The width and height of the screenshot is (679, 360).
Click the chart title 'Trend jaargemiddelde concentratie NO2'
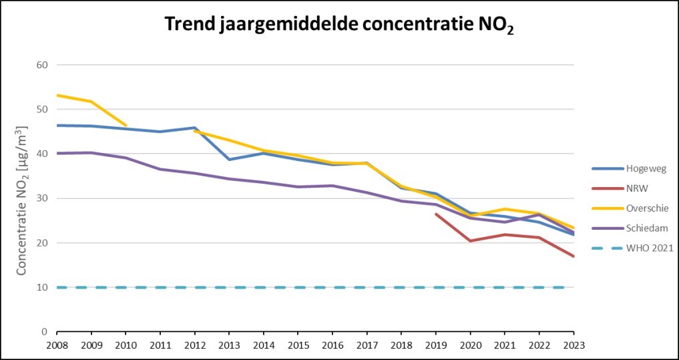coord(339,26)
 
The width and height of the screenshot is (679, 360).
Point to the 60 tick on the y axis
coord(43,65)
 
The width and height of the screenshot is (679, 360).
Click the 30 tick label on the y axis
coord(43,198)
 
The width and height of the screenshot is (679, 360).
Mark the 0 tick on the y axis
coord(46,332)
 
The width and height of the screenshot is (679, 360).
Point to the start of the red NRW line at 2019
coord(436,214)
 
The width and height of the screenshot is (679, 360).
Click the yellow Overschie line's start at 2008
coord(57,96)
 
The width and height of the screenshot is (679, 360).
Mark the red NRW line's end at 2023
coord(574,256)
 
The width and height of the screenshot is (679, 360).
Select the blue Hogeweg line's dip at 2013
coord(229,160)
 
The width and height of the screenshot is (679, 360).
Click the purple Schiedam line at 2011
coord(160,169)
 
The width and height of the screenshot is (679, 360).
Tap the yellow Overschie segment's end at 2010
coord(126,125)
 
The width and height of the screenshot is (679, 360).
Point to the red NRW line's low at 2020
coord(470,240)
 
